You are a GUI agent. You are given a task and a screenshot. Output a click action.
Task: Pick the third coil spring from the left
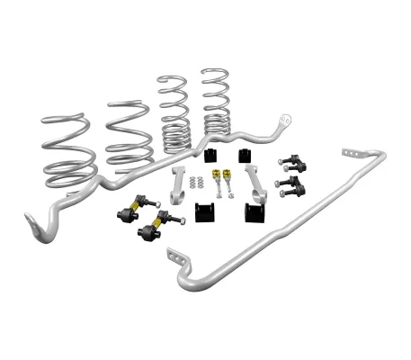click(x=174, y=112)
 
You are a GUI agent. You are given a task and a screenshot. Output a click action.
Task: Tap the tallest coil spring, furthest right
click(x=216, y=103)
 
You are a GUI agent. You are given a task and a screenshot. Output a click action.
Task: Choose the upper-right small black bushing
click(x=246, y=155)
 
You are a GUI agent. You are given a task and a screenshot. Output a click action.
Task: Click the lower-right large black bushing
click(x=254, y=212)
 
